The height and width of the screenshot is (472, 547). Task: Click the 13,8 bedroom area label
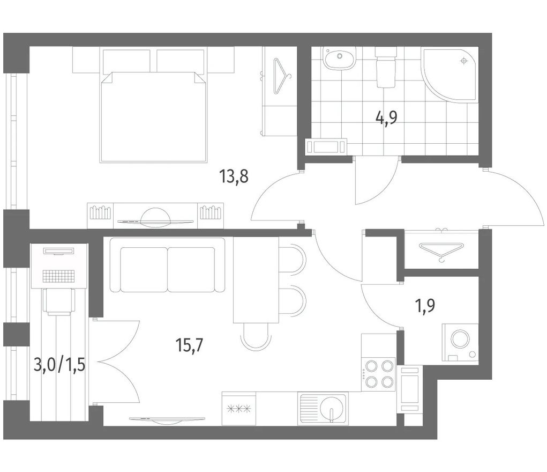[234, 176]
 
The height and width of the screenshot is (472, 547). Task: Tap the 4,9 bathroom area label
[386, 118]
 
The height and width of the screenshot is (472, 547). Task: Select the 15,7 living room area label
[190, 345]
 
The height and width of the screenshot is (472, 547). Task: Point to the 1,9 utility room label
[425, 306]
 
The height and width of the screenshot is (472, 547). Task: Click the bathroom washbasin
[340, 58]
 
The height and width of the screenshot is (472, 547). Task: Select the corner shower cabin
[450, 75]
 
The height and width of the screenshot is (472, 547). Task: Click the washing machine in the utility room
[460, 342]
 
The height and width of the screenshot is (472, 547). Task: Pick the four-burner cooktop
[378, 374]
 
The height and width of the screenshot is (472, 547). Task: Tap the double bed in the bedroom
[154, 117]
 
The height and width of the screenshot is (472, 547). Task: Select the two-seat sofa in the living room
[168, 265]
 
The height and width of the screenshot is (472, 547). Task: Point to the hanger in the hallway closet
[441, 250]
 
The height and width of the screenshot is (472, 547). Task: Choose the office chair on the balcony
[59, 301]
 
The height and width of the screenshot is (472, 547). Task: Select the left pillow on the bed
[127, 61]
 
